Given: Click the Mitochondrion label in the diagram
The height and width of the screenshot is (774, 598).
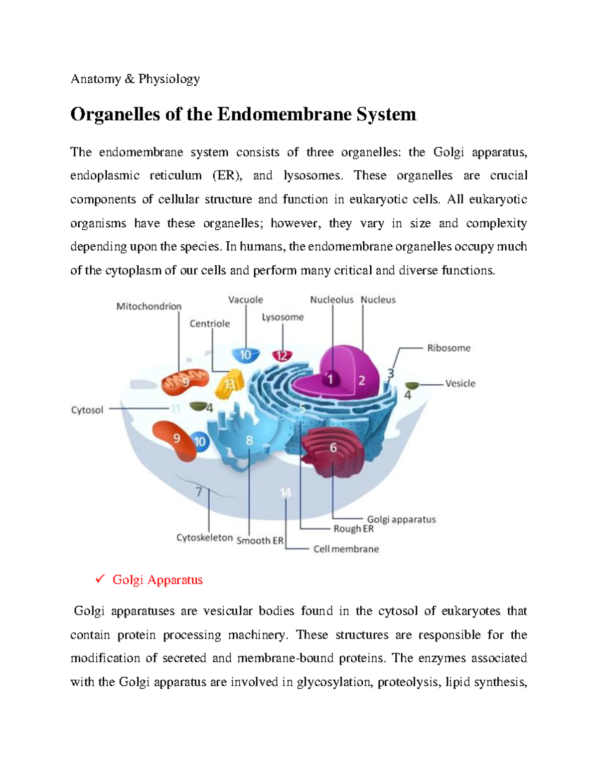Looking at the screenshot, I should pos(149,307).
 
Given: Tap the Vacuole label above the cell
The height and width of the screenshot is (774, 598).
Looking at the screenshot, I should pos(245,300).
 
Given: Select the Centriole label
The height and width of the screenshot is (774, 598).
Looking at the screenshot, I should pos(210,324).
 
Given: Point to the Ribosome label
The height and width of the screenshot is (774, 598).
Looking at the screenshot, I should pos(448,348).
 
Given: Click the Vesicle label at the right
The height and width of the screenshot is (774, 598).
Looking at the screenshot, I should pos(460,383).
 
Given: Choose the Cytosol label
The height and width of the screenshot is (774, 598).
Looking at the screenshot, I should pos(87,410).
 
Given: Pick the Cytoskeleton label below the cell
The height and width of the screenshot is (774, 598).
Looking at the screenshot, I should pos(204,538).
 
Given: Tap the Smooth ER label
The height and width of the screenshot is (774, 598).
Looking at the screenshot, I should pos(260,541).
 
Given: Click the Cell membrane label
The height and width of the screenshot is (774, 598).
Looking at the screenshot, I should pos(346,549).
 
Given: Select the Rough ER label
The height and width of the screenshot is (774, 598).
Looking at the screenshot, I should pos(353,529).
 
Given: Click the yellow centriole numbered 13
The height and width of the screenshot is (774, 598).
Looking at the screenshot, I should pos(229,384).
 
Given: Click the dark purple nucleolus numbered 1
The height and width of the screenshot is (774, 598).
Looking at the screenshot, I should pos(330,380).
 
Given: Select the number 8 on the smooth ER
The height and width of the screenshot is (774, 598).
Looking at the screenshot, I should pos(249,441).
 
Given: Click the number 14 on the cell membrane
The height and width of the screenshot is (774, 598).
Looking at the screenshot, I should pos(286,493).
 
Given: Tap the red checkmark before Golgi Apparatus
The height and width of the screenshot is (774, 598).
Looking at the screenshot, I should pos(100,579).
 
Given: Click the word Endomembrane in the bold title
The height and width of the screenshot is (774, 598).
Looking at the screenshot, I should pos(284,115).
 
